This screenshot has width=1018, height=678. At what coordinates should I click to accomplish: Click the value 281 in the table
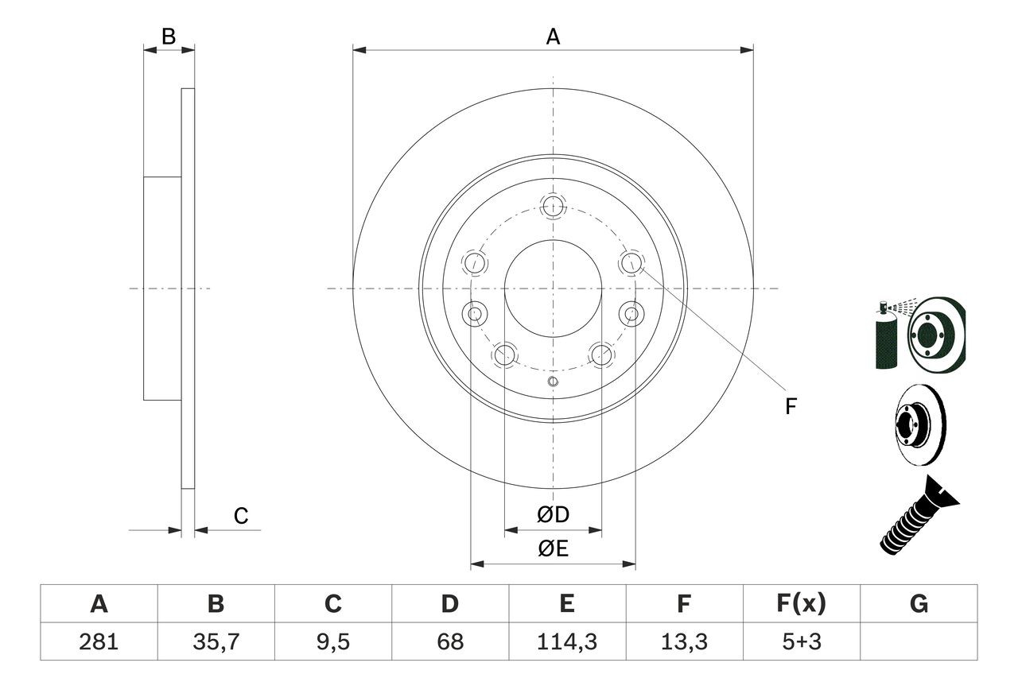(99, 641)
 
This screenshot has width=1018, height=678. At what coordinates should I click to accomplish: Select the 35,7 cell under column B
(216, 641)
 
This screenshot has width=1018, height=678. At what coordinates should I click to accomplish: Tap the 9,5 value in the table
(332, 641)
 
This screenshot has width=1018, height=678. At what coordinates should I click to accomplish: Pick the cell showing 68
(449, 641)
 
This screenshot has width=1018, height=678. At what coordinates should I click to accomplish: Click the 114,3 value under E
(566, 641)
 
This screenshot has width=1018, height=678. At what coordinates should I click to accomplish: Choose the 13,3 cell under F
(683, 641)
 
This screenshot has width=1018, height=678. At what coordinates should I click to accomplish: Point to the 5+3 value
(800, 641)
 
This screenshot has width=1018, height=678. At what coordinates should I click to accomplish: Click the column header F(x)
(800, 604)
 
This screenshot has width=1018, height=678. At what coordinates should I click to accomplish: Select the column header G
(919, 604)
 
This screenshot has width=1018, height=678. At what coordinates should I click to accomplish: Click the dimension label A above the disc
(553, 37)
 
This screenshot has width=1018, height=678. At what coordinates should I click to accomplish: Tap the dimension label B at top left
(168, 36)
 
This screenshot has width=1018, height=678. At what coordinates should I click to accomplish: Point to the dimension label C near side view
(241, 516)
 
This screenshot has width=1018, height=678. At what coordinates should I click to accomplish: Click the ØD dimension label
(553, 515)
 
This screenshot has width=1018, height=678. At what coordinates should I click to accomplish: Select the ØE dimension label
(553, 549)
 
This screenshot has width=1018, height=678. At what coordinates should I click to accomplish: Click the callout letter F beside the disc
(791, 407)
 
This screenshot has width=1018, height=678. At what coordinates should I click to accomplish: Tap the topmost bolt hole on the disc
(553, 206)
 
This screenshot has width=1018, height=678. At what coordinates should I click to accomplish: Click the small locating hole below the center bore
(553, 383)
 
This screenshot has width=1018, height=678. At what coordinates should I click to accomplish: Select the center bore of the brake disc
(553, 288)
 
